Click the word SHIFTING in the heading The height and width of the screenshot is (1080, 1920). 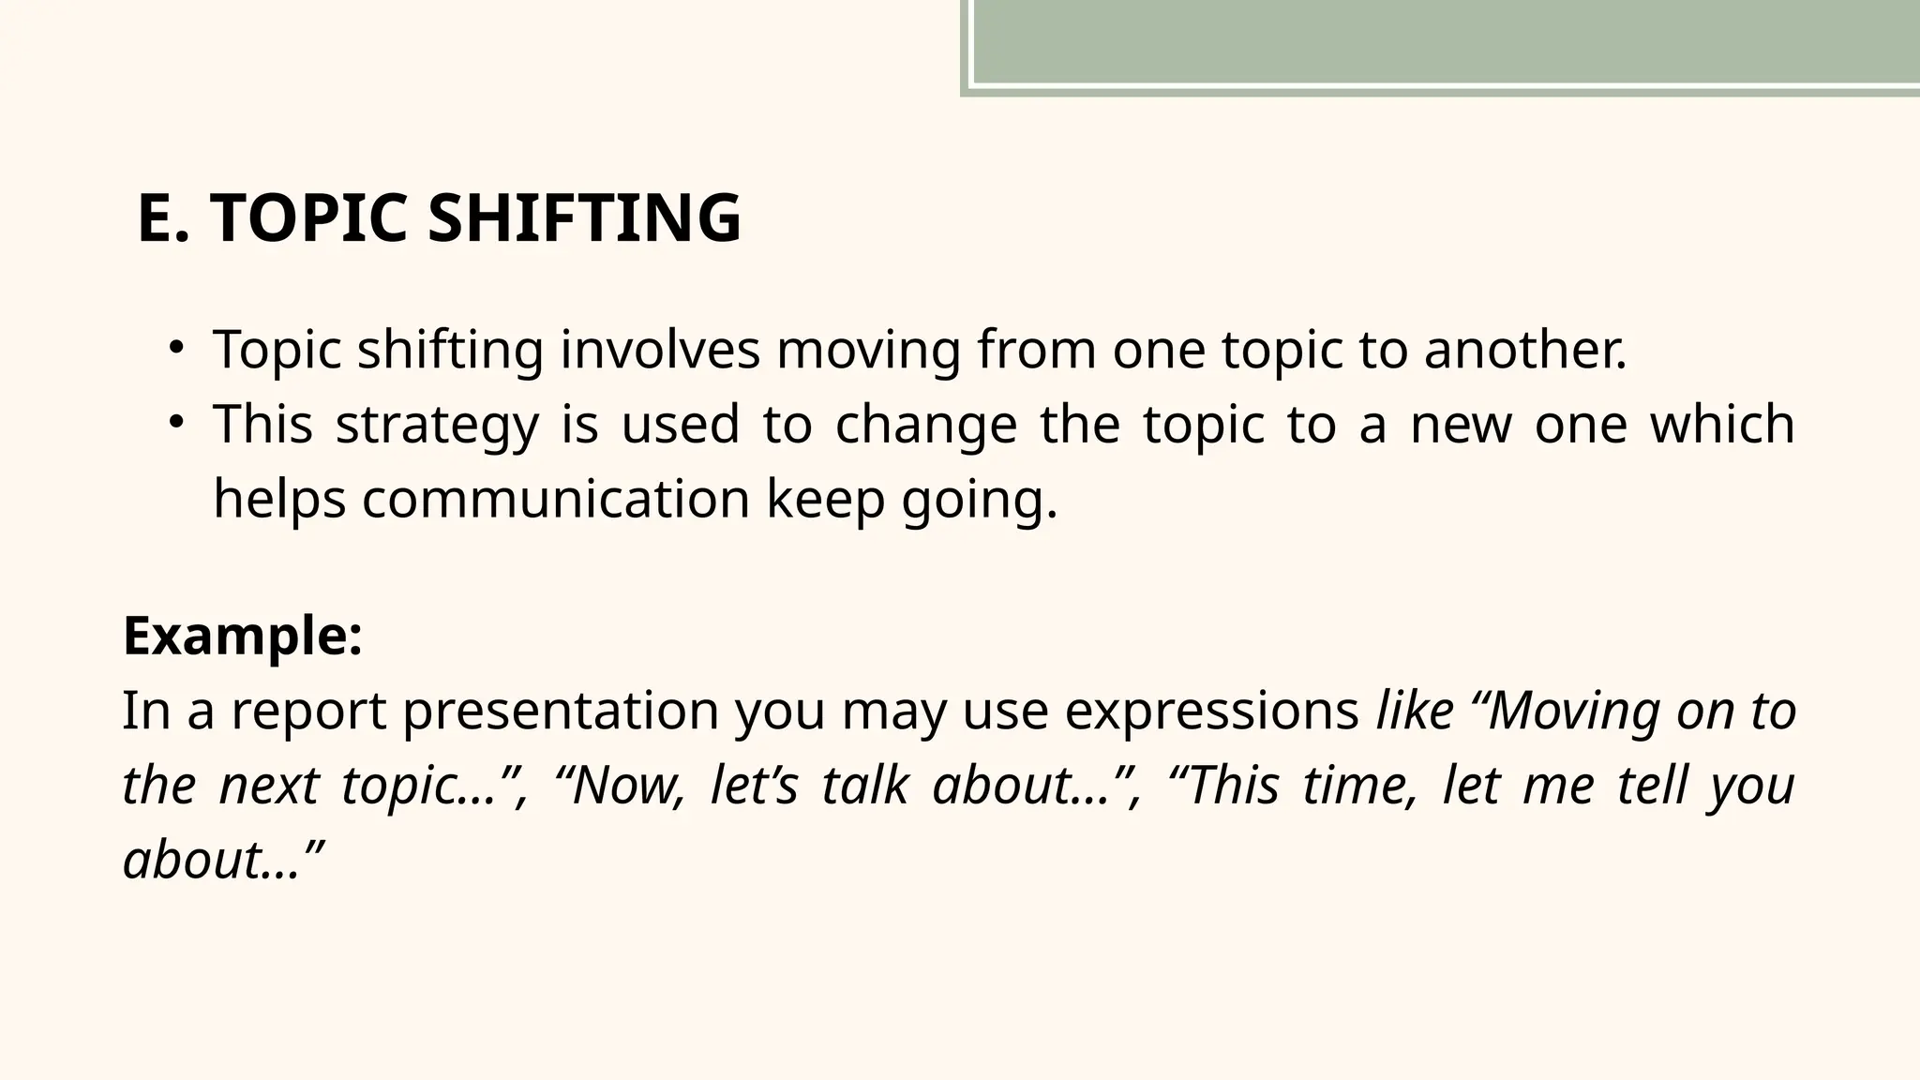click(x=584, y=217)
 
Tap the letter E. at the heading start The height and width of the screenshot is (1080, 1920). click(x=163, y=217)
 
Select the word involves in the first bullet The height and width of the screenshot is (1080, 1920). click(x=660, y=350)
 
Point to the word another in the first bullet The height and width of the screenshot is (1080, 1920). click(x=1525, y=350)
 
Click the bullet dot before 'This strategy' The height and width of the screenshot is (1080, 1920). click(x=175, y=423)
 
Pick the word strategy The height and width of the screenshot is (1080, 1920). click(x=437, y=425)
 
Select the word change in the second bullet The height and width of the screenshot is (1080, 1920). click(x=925, y=425)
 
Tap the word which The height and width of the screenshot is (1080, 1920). click(x=1722, y=424)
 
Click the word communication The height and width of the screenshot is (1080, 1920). click(x=556, y=499)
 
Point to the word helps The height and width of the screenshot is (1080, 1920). click(x=279, y=499)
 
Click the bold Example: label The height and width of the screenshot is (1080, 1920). click(x=243, y=637)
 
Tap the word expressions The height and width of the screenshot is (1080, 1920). click(x=1211, y=712)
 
